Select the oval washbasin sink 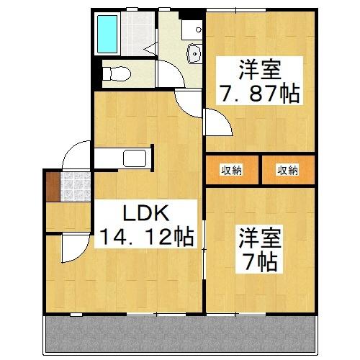click(194, 53)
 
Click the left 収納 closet click(231, 170)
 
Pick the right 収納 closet click(287, 170)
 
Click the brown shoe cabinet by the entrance click(51, 186)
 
